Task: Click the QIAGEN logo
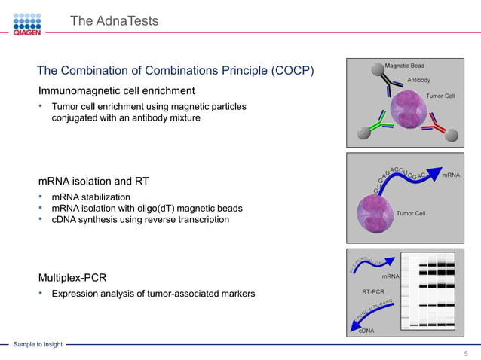click(x=27, y=22)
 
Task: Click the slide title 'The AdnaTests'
click(x=114, y=21)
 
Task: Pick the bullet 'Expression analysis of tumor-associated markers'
click(x=153, y=293)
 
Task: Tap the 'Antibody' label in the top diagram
click(x=418, y=80)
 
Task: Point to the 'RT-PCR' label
click(x=373, y=291)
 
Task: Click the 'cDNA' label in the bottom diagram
click(x=367, y=331)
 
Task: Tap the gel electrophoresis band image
click(x=427, y=291)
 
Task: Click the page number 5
click(x=466, y=353)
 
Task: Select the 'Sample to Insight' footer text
click(x=38, y=344)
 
